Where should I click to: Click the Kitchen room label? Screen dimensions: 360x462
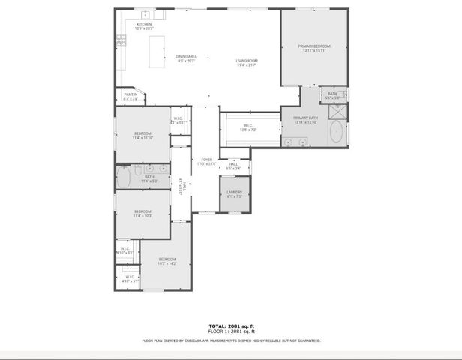pos(144,26)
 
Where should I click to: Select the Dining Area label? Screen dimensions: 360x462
pos(187,58)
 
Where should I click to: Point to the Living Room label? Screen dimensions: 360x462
pos(247,63)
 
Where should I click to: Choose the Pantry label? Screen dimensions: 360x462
pos(130,96)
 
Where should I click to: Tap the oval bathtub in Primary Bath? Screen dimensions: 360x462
pos(337,133)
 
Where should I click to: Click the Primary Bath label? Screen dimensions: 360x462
pos(306,120)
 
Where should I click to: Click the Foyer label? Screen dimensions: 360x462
pos(206,161)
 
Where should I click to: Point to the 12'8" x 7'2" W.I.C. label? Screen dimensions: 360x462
pos(249,127)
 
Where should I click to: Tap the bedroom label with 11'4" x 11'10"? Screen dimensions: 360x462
pos(142,135)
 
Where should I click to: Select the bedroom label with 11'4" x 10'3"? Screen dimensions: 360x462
pos(142,214)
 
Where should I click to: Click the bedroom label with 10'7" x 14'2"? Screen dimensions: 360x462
pos(166,261)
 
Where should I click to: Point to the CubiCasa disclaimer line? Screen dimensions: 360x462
pos(232,340)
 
